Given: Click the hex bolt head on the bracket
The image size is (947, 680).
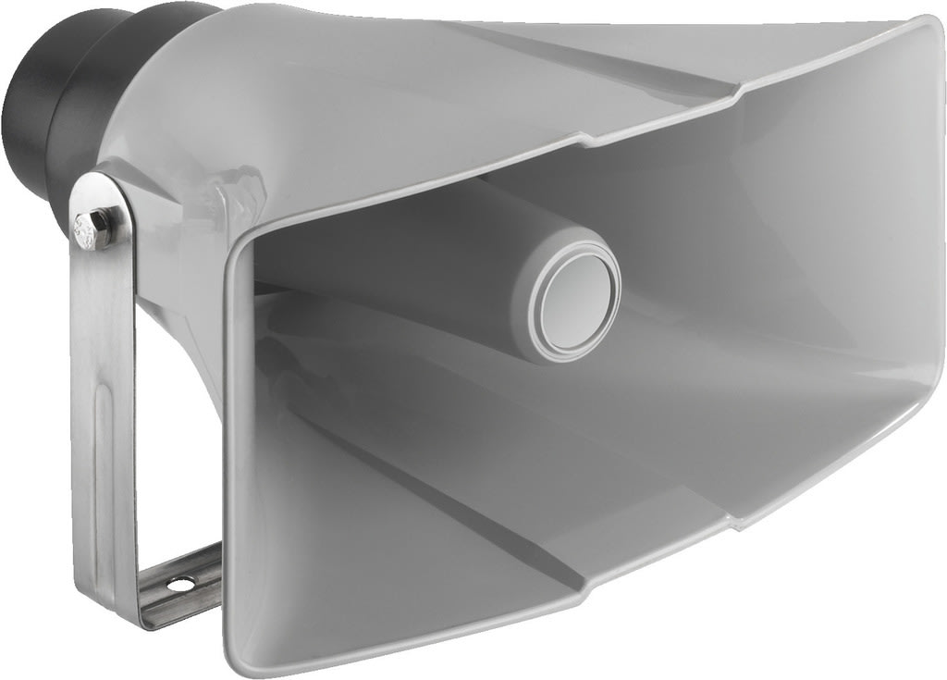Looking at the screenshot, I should click(92, 226).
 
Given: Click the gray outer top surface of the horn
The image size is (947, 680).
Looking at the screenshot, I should click(462, 74).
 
